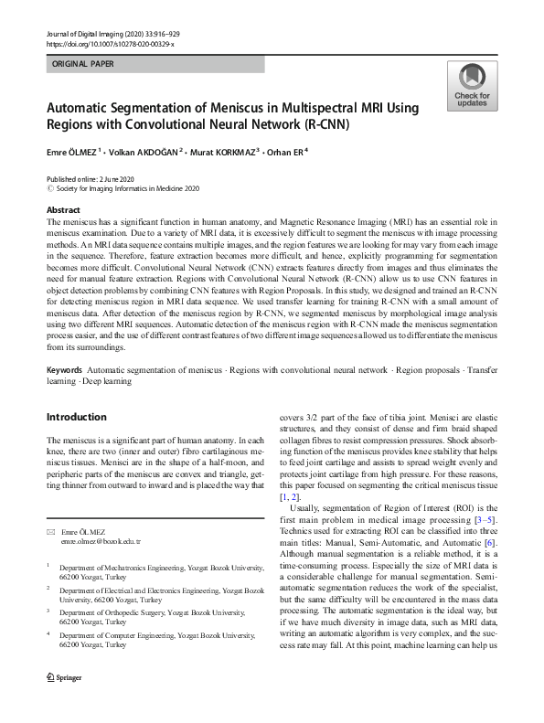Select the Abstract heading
coord(63,209)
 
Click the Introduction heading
coord(76,417)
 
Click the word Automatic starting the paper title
coord(80,108)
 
